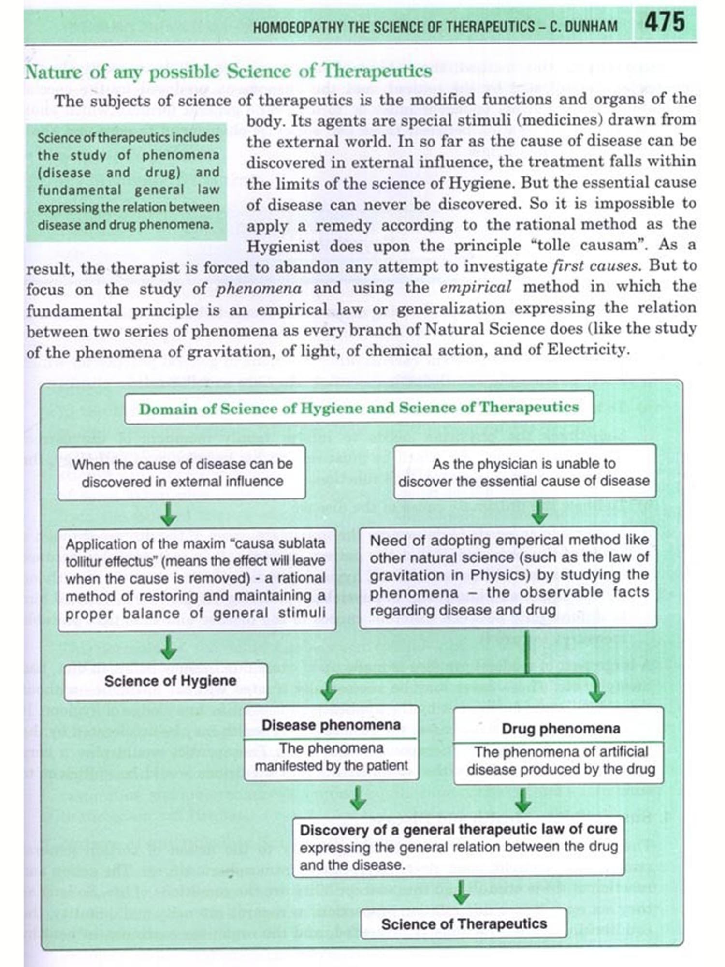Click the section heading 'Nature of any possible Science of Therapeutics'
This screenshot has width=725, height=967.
tap(228, 72)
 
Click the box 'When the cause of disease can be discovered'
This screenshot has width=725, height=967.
tap(182, 472)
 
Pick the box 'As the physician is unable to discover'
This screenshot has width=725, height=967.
tap(524, 472)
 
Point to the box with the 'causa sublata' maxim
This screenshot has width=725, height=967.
tap(196, 579)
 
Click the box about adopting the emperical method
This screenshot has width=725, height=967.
tap(508, 575)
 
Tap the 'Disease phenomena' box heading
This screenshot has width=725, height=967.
tap(331, 725)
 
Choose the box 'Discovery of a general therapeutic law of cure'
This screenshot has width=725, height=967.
tap(458, 847)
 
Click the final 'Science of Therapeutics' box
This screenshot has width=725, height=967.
tap(464, 923)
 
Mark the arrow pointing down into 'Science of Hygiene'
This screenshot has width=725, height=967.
tap(168, 647)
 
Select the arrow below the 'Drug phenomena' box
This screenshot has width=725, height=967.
tap(522, 800)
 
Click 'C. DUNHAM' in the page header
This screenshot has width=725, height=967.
tap(583, 26)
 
